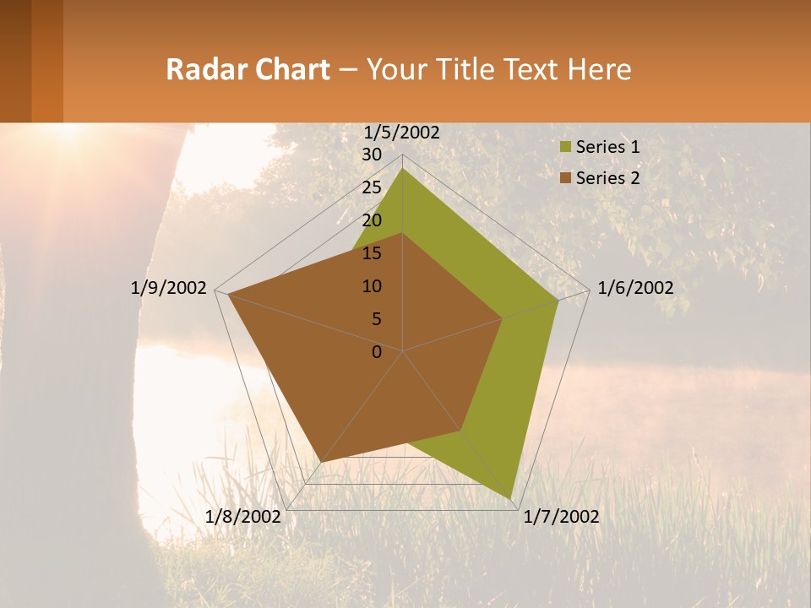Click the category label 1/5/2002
[x=402, y=133]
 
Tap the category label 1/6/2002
[x=635, y=288]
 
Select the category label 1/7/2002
[x=561, y=517]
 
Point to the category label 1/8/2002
[x=243, y=517]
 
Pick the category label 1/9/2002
[x=169, y=288]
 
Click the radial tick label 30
[x=372, y=155]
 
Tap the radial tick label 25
[x=372, y=187]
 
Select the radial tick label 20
[x=372, y=220]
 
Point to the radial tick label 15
[x=372, y=253]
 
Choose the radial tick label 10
[x=372, y=286]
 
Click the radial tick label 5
[x=376, y=319]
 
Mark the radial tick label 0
[x=377, y=352]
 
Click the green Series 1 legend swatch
[x=564, y=148]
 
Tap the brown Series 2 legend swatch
[x=564, y=178]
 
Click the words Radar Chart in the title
[x=248, y=69]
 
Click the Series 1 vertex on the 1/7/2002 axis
[x=511, y=498]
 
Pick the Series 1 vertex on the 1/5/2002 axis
[x=403, y=169]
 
